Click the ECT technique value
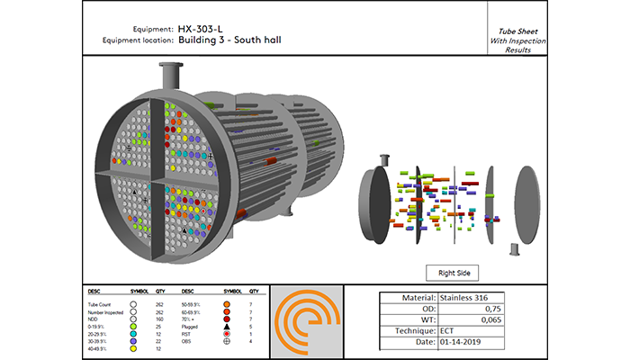click(448, 330)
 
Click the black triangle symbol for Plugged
click(227, 327)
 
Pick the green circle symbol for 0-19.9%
click(133, 327)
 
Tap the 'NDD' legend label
click(92, 319)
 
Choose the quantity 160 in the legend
click(159, 319)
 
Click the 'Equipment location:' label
click(134, 40)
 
